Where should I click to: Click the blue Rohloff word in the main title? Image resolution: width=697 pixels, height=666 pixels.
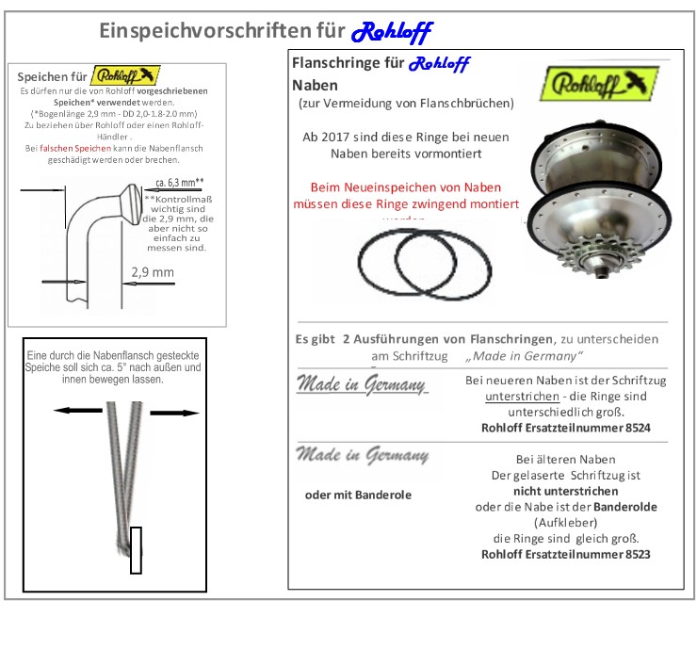point(391,32)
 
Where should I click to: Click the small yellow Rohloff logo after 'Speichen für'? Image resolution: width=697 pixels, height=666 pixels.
point(126,75)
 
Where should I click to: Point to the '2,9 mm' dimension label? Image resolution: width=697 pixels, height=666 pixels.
point(152,272)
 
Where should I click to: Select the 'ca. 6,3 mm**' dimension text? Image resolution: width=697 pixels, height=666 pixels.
point(179,182)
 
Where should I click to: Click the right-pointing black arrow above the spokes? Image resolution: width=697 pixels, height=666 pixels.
point(175,413)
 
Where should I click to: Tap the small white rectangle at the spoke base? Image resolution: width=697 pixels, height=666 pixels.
point(136,550)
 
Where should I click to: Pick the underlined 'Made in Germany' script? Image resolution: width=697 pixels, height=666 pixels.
point(362,384)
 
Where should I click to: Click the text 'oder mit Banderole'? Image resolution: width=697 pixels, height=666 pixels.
point(358,495)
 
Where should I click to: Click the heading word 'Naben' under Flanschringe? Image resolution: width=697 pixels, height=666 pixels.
point(315,85)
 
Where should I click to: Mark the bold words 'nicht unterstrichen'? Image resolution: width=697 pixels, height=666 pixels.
point(565,491)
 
